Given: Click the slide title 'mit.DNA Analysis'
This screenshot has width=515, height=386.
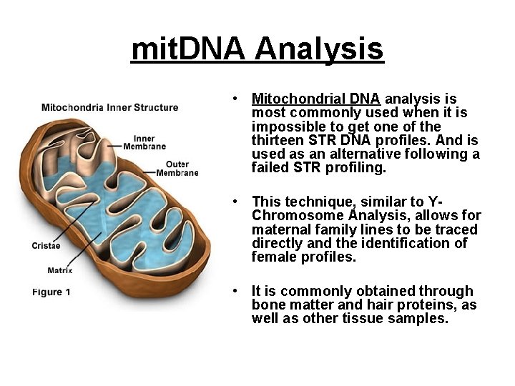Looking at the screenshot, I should point(257,49).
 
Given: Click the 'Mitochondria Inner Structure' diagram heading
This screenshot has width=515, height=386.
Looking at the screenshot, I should point(109,108).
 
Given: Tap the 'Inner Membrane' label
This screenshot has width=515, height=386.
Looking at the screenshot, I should point(144,142).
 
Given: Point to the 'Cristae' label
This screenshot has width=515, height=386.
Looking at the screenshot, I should point(46,245).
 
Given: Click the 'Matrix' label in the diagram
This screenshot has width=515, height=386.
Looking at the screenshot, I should point(59,270).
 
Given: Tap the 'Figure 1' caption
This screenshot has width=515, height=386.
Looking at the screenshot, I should point(51,292).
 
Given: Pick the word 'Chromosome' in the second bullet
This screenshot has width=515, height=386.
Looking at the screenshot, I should point(294,215).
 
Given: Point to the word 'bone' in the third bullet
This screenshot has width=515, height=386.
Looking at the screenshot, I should point(267,305).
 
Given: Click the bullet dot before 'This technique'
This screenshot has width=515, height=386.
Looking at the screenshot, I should point(235,202).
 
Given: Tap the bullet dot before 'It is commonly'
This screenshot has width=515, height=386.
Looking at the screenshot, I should point(235,292).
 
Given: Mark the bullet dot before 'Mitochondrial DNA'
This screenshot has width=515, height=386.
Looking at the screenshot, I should point(235,99).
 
